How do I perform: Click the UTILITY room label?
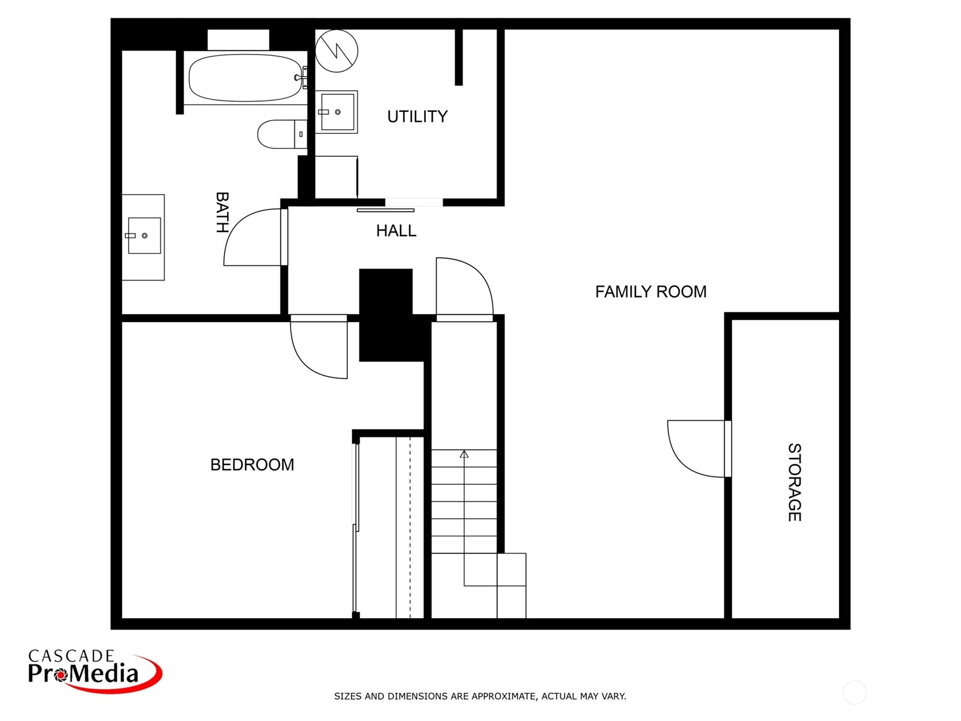click(417, 117)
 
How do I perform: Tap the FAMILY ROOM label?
click(650, 291)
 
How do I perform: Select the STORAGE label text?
click(794, 482)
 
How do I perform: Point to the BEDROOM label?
click(252, 464)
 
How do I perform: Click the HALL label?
click(396, 231)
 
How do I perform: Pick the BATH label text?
click(222, 212)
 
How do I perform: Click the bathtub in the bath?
click(245, 78)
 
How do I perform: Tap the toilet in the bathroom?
click(282, 134)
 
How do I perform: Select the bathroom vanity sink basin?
click(144, 236)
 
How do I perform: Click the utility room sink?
click(337, 112)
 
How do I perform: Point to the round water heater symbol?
click(337, 51)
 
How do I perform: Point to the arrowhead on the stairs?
click(464, 454)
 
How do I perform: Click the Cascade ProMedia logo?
click(95, 671)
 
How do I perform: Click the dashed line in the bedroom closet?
click(410, 527)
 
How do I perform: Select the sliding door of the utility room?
click(386, 210)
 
